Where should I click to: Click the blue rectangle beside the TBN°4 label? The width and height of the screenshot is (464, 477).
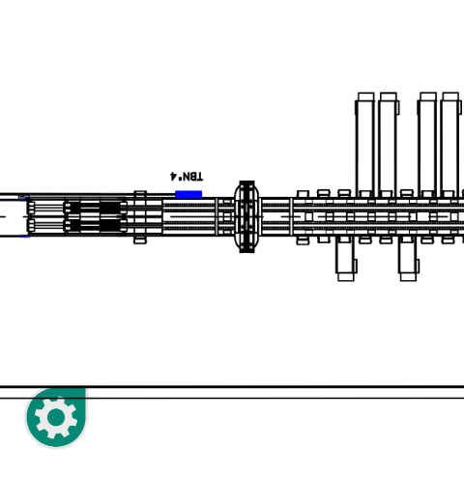click(188, 194)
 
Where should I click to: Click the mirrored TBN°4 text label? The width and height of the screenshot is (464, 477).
click(187, 177)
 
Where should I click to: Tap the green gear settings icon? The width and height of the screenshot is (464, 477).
click(56, 417)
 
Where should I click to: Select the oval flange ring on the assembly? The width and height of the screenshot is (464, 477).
click(246, 216)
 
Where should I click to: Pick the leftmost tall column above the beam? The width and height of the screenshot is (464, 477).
click(365, 145)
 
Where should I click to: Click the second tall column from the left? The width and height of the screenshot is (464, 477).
click(389, 145)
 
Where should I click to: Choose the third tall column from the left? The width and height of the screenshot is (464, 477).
click(427, 145)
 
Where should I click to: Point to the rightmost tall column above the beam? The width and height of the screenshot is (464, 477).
click(450, 145)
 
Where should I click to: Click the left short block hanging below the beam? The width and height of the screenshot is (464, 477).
click(346, 259)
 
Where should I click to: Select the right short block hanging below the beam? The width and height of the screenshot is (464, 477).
click(408, 259)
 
